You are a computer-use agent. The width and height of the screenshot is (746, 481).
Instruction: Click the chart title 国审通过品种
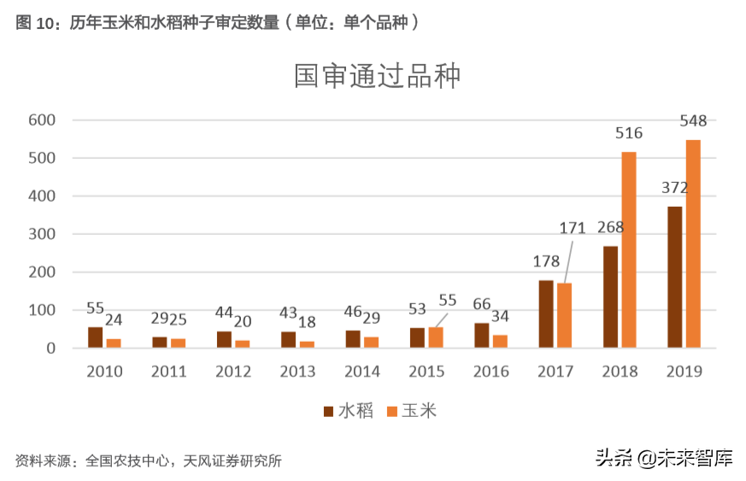point(378,76)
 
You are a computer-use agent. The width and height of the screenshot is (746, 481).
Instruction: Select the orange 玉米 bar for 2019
point(693,243)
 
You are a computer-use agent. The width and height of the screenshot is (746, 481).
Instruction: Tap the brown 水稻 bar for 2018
point(610,296)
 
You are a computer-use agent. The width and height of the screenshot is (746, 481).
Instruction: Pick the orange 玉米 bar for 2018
point(629,249)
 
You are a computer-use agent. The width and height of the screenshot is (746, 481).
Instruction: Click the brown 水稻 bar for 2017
point(546,314)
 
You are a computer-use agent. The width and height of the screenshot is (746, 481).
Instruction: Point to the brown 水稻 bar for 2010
point(95,337)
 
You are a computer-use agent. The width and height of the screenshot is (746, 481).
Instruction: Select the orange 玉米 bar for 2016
point(500,341)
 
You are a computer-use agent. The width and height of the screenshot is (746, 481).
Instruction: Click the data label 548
point(693,121)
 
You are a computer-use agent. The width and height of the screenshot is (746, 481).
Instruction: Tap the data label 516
point(629,133)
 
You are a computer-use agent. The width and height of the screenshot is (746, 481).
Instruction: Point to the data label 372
point(674,188)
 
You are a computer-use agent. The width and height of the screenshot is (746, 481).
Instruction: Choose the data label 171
point(572,228)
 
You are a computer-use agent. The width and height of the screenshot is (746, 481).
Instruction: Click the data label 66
point(482,304)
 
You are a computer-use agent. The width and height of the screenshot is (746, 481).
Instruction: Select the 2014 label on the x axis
point(362,372)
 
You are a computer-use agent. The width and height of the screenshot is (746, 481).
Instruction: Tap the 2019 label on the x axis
point(684,372)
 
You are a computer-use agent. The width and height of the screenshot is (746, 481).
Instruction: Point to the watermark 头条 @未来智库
point(664,458)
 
